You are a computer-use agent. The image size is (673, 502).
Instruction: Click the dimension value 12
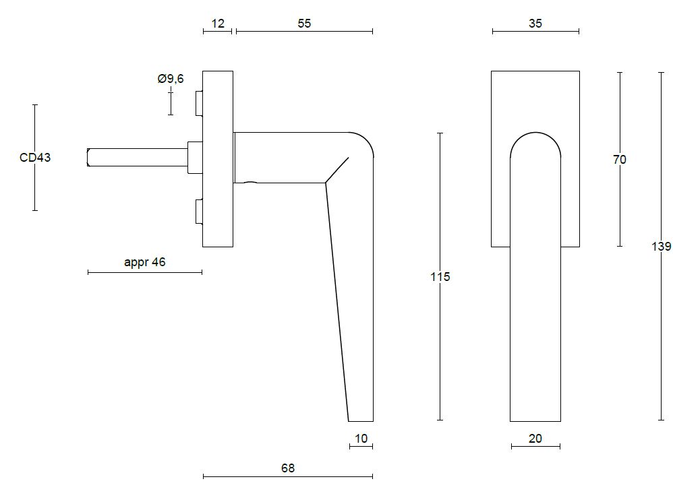pos(218,23)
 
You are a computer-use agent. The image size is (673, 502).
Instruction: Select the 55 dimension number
pos(304,23)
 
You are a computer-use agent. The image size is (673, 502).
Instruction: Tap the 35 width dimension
pos(535,23)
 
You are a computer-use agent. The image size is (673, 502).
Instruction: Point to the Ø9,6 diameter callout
pos(171,78)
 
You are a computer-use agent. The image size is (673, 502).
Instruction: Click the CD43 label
pos(35,157)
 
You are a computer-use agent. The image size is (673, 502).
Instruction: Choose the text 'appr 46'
pos(144,262)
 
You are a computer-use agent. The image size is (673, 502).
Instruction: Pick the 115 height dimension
pos(440,276)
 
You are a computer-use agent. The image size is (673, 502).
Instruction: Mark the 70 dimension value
pos(619,160)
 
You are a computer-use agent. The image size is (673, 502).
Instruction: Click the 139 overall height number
pos(661,247)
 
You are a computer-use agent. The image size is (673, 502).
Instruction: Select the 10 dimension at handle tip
pos(361,439)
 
